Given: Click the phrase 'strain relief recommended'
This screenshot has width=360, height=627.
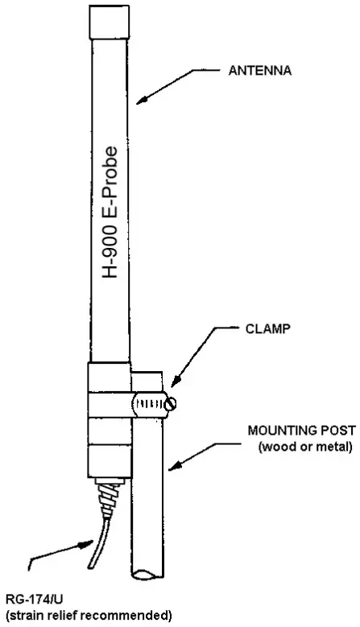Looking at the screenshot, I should [86, 616].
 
